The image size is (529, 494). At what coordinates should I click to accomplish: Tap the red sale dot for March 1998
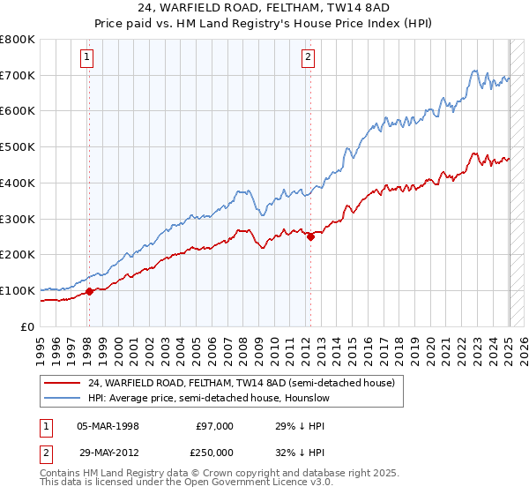pyautogui.click(x=89, y=291)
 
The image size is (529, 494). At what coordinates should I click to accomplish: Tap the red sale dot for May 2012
pyautogui.click(x=310, y=236)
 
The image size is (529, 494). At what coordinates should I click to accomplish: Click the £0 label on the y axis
pyautogui.click(x=28, y=326)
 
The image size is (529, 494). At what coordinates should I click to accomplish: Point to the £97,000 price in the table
pyautogui.click(x=214, y=425)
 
